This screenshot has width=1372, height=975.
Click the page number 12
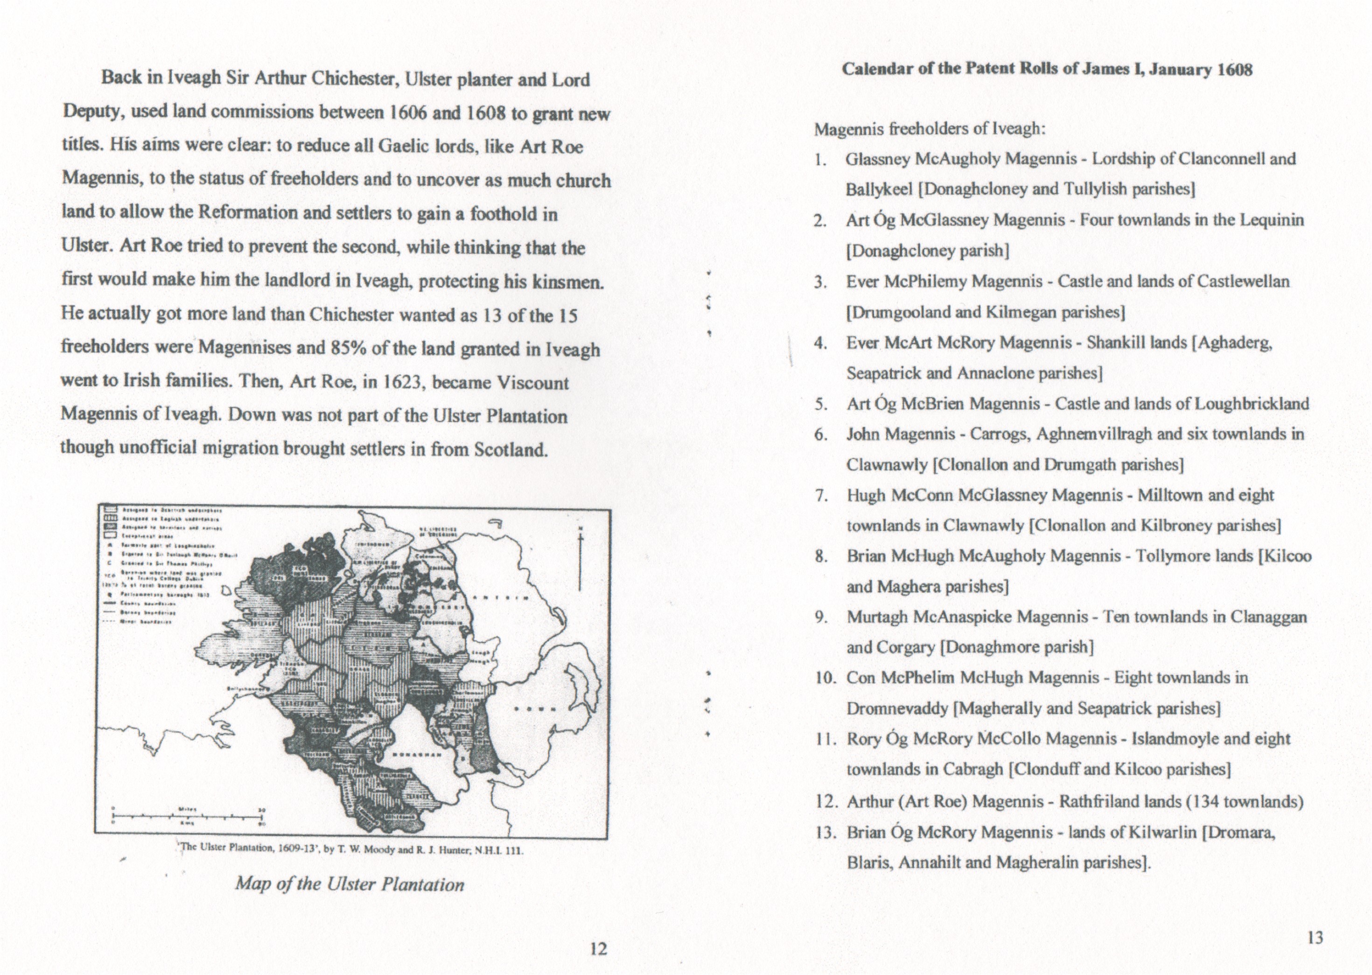(598, 948)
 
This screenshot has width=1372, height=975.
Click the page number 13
(1315, 938)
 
